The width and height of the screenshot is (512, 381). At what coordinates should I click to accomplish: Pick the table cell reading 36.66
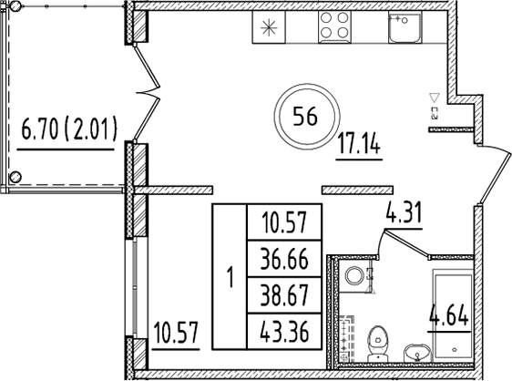283,257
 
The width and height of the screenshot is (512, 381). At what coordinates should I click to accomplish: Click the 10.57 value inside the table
283,220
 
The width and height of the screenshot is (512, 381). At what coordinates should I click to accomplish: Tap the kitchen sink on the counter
402,28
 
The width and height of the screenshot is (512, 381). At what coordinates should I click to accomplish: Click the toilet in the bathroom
374,344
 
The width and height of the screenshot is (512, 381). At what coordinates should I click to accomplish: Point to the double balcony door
146,91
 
